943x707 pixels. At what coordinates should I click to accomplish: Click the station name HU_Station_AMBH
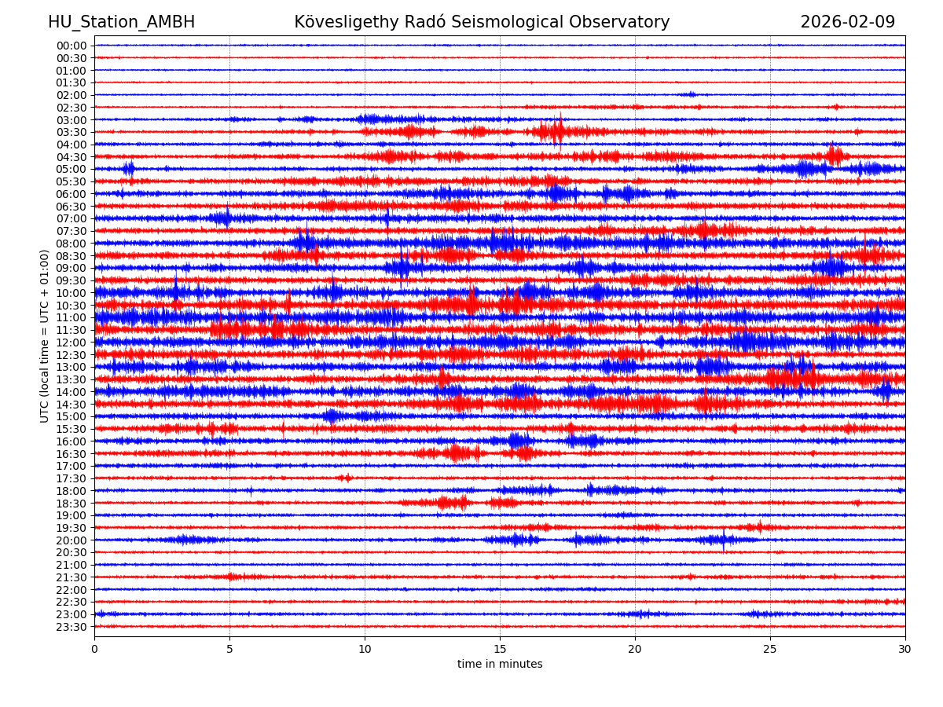[121, 23]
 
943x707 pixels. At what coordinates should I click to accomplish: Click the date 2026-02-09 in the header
[847, 23]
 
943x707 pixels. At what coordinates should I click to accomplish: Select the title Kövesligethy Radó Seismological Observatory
[482, 23]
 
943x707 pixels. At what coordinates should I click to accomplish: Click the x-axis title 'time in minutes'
[500, 665]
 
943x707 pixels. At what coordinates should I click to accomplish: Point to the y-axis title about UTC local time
[45, 336]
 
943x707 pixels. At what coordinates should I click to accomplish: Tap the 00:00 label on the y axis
[72, 46]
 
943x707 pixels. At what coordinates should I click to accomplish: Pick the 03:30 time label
[72, 132]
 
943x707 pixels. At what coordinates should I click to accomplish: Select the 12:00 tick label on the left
[72, 343]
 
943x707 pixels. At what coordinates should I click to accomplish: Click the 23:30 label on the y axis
[72, 627]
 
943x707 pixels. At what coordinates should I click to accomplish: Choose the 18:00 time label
[72, 491]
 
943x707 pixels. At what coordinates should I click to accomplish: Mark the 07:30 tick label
[72, 231]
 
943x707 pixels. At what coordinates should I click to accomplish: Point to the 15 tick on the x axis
[500, 650]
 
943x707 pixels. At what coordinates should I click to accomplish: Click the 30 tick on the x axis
[905, 650]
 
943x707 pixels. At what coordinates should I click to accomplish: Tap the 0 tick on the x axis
[94, 650]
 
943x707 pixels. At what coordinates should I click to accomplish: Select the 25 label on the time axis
[770, 650]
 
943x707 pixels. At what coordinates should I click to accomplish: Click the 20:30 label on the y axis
[72, 552]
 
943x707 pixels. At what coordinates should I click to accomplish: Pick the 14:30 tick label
[72, 405]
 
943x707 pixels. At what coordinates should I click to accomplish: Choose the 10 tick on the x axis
[365, 650]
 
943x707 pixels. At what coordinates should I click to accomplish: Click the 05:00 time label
[72, 169]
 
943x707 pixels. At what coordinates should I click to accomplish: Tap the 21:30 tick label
[72, 577]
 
